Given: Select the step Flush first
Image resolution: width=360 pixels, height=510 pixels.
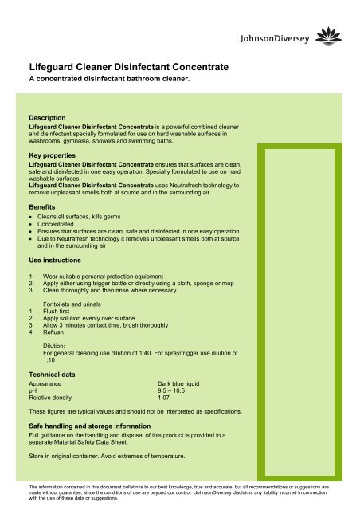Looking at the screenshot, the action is (x=60, y=312).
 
